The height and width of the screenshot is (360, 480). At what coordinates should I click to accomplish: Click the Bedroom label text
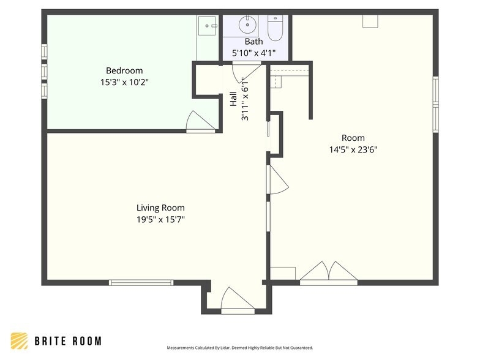124,71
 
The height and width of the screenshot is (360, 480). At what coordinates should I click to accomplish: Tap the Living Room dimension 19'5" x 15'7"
160,219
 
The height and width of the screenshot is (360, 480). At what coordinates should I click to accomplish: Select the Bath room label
253,42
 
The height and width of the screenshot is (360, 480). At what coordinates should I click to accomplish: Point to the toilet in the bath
276,28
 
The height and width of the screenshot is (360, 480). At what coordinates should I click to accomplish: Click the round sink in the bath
247,24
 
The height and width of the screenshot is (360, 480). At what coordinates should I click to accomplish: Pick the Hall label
233,99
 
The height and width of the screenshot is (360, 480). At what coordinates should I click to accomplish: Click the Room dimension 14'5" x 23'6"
353,149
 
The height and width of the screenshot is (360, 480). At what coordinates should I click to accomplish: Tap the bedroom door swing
200,121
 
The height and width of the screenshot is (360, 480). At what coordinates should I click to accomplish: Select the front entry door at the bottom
238,301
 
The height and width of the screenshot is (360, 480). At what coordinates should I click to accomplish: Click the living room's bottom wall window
141,283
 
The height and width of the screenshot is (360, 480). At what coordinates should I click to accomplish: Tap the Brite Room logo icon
20,340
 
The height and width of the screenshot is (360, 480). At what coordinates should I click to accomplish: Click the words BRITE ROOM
68,341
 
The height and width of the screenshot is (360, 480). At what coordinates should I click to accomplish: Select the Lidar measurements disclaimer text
240,348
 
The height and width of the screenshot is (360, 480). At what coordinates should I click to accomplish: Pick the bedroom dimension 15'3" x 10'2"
124,82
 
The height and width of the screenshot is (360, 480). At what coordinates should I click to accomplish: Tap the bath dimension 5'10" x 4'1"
253,53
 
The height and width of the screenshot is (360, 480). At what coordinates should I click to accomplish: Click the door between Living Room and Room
277,180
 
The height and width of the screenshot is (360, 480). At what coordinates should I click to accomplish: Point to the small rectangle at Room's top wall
370,21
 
